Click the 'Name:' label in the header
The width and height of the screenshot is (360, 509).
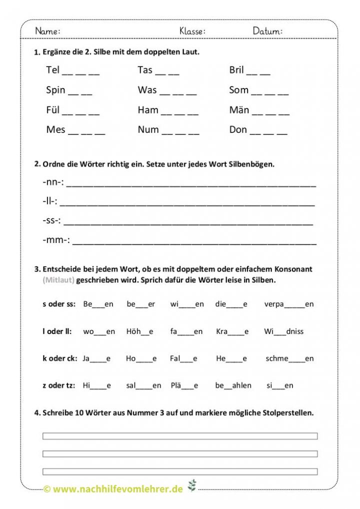pyautogui.click(x=48, y=31)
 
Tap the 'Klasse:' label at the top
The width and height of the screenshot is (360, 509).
pyautogui.click(x=192, y=31)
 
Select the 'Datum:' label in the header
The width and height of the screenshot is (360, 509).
pyautogui.click(x=267, y=31)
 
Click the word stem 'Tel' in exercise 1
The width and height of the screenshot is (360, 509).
pyautogui.click(x=52, y=70)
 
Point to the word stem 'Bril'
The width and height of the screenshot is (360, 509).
pyautogui.click(x=236, y=70)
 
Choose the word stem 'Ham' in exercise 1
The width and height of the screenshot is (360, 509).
pyautogui.click(x=148, y=110)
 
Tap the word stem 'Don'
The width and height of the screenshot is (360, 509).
pyautogui.click(x=238, y=130)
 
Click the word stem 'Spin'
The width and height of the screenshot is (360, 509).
pyautogui.click(x=55, y=90)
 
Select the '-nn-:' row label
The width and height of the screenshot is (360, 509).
pyautogui.click(x=53, y=182)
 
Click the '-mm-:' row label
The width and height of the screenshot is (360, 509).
pyautogui.click(x=56, y=240)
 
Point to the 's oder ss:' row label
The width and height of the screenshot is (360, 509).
pyautogui.click(x=59, y=303)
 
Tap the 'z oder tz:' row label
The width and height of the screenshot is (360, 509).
pyautogui.click(x=59, y=385)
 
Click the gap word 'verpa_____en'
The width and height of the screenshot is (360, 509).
pyautogui.click(x=289, y=304)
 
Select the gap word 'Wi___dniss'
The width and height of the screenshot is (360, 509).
pyautogui.click(x=284, y=331)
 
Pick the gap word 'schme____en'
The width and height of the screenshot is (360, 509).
pyautogui.click(x=290, y=358)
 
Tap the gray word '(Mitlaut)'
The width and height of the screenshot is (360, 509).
pyautogui.click(x=58, y=280)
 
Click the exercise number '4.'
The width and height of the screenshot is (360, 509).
pyautogui.click(x=37, y=413)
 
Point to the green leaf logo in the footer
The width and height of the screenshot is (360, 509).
pyautogui.click(x=191, y=485)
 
